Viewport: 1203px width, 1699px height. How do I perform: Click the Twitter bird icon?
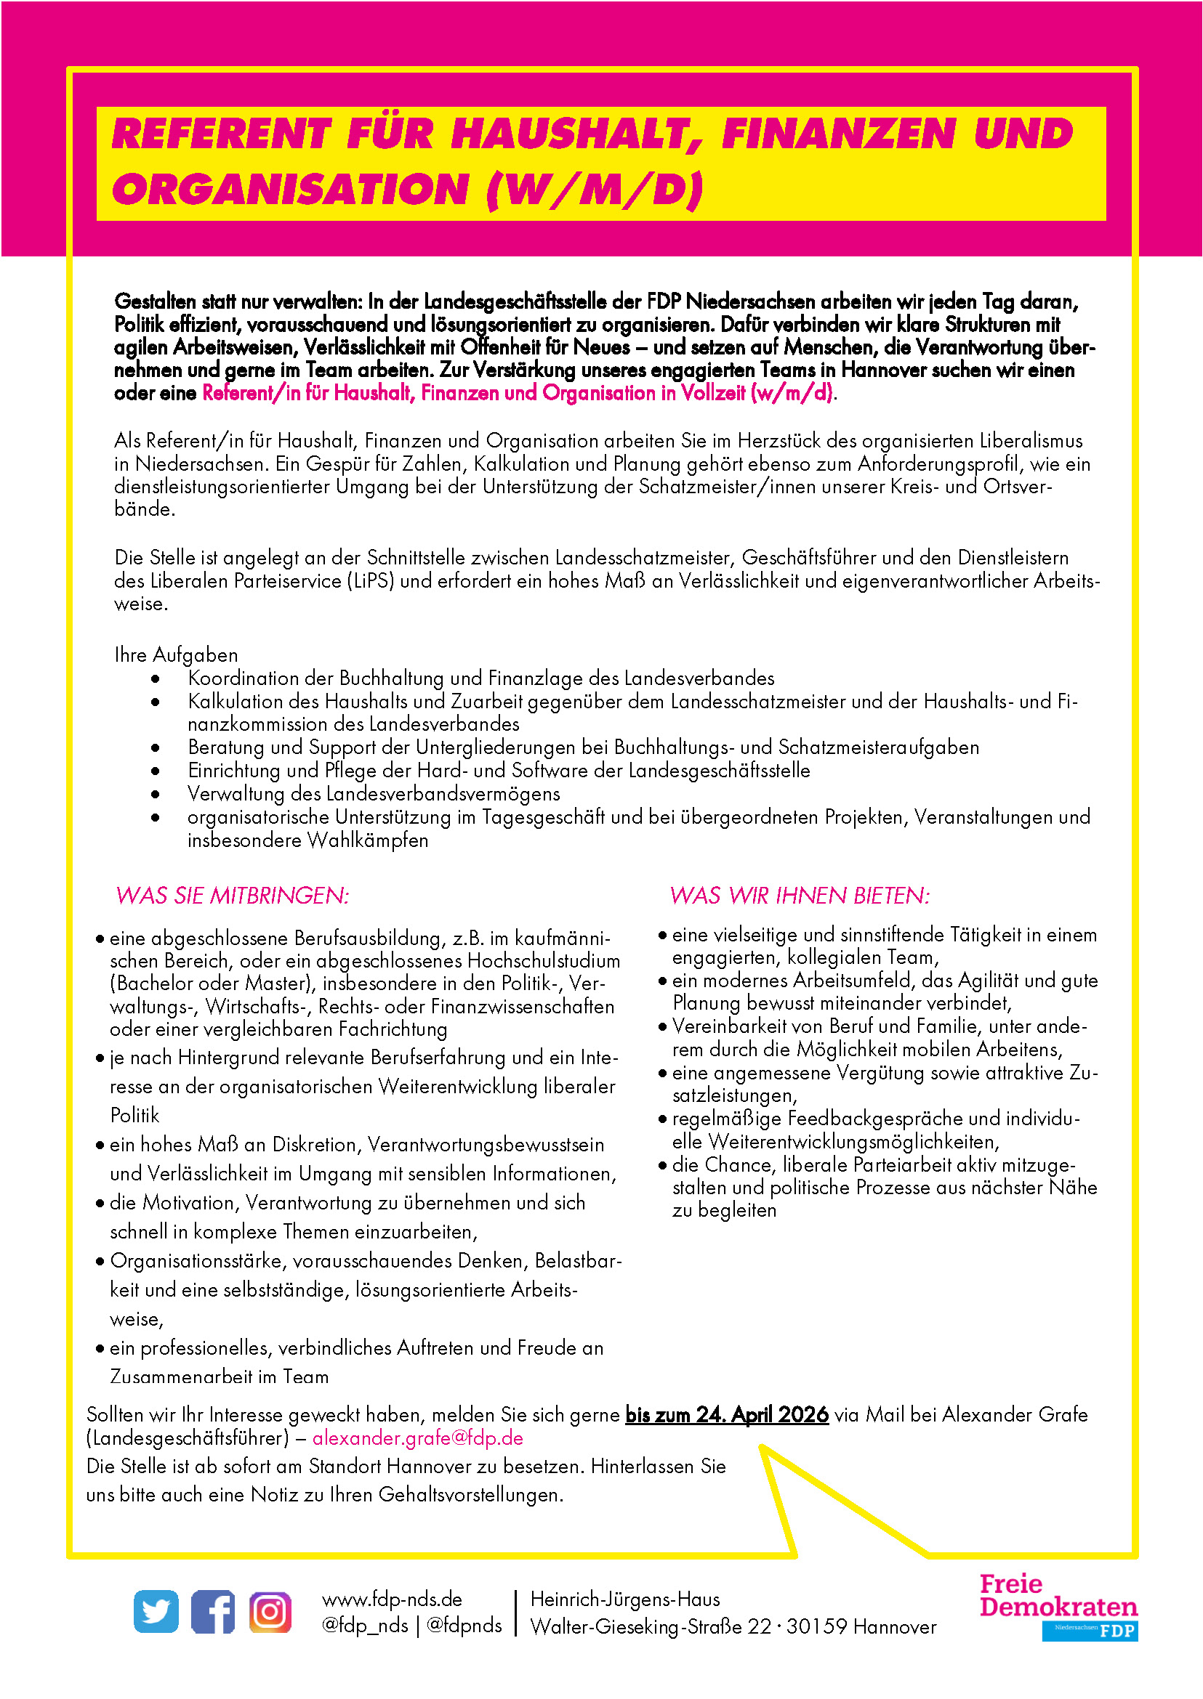click(156, 1611)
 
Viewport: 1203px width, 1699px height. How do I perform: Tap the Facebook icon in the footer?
click(212, 1611)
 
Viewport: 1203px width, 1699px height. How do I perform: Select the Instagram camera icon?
click(270, 1611)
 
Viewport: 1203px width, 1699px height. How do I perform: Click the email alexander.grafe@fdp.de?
click(418, 1438)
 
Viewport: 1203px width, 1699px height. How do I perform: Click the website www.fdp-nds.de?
click(392, 1599)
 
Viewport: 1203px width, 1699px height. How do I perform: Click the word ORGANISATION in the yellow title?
click(290, 190)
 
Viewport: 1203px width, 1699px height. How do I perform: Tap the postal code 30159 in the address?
click(816, 1626)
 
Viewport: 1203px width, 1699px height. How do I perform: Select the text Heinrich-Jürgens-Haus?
click(625, 1599)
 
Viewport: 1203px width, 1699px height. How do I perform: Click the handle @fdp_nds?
click(364, 1625)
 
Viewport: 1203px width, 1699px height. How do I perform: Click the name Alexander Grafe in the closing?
click(1015, 1414)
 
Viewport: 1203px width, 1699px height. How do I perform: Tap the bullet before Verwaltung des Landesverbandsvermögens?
click(155, 794)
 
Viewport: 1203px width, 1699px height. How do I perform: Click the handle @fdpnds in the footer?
click(464, 1625)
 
